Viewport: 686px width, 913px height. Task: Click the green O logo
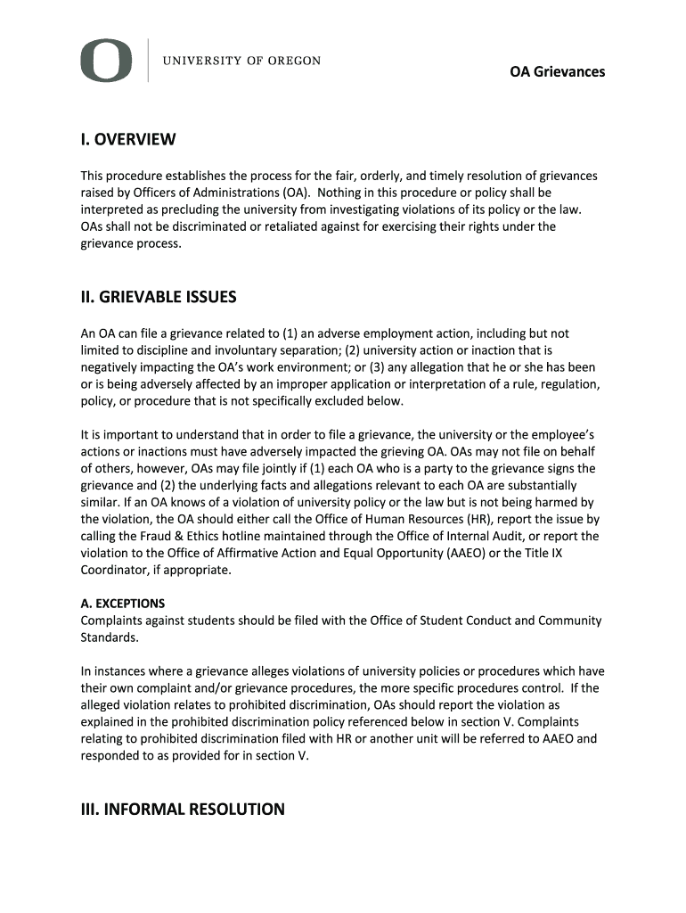point(106,61)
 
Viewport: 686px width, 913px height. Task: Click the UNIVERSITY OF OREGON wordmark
point(241,62)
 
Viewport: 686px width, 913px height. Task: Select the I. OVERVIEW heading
point(128,140)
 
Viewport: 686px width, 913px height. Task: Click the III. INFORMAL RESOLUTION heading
point(183,810)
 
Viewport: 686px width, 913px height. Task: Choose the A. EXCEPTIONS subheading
point(123,604)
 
